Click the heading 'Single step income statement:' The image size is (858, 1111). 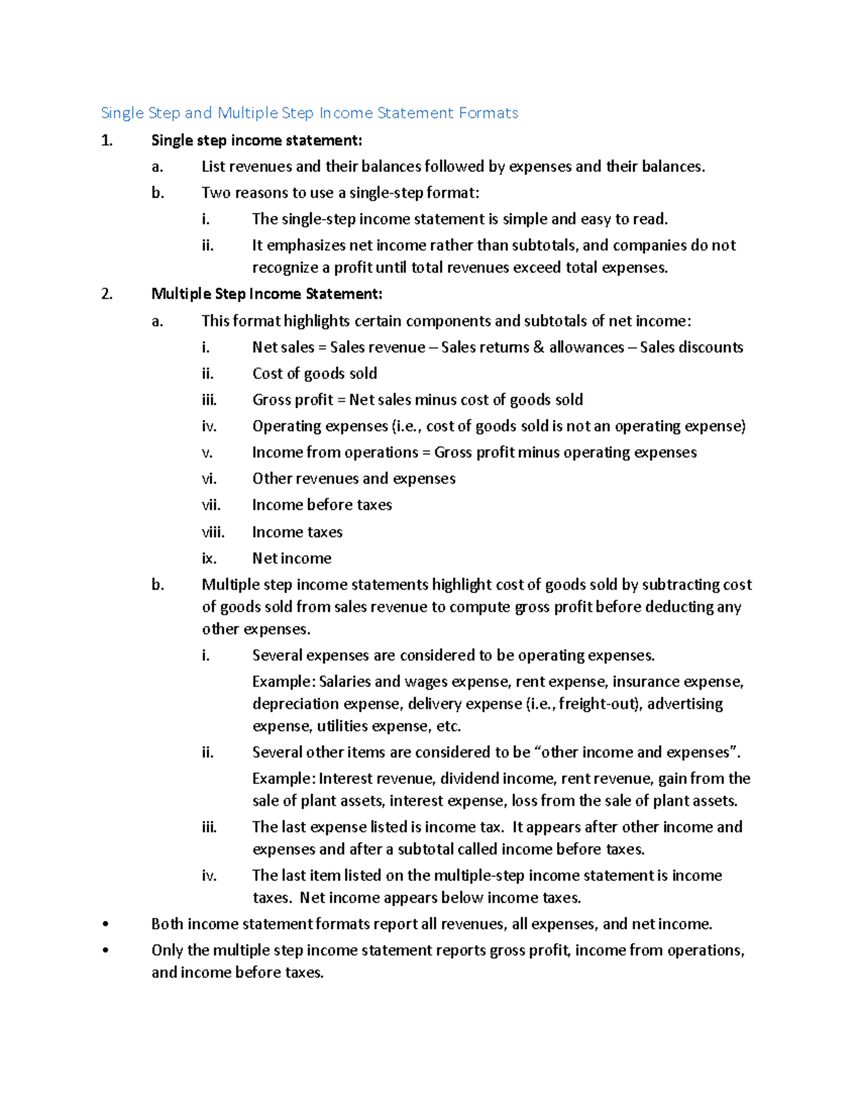(x=257, y=140)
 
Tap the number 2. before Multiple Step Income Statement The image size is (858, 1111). (x=107, y=294)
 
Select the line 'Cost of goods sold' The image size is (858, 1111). (x=315, y=373)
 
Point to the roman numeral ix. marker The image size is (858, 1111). (x=209, y=559)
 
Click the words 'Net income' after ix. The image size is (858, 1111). (x=292, y=559)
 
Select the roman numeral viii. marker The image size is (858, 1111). (x=212, y=532)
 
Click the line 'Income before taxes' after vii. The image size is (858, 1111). (x=322, y=505)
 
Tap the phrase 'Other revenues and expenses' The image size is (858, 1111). (x=353, y=479)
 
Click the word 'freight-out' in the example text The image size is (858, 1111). (x=597, y=704)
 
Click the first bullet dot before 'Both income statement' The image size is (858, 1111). (x=106, y=924)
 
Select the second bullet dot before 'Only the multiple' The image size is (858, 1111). (x=106, y=951)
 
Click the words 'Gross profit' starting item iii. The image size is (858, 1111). (x=292, y=400)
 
